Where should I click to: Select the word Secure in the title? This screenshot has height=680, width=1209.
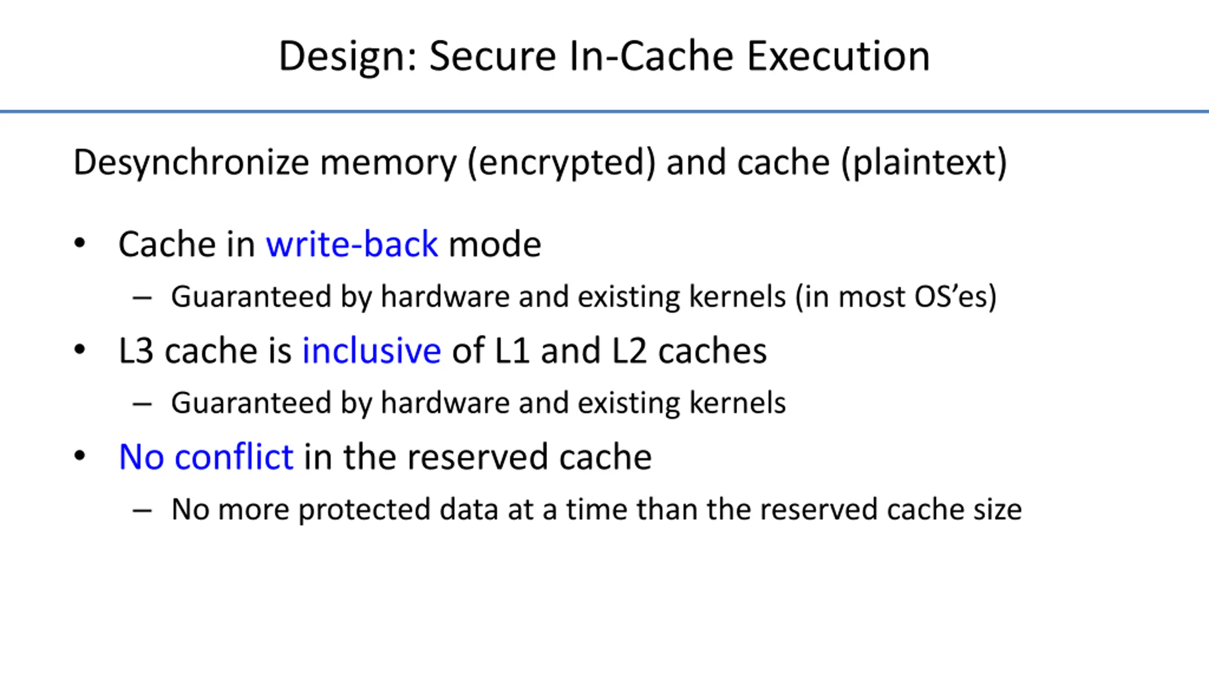click(x=493, y=57)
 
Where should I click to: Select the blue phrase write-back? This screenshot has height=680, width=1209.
click(x=352, y=244)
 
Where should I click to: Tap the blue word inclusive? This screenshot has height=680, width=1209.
click(x=372, y=351)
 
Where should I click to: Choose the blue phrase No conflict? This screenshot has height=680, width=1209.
click(x=206, y=457)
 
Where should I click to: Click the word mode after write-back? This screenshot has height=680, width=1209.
click(x=494, y=244)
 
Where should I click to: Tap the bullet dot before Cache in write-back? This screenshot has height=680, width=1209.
click(x=80, y=243)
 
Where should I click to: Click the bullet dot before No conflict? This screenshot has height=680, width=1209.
click(x=80, y=456)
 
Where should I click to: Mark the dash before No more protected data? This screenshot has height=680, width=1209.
click(x=142, y=510)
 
